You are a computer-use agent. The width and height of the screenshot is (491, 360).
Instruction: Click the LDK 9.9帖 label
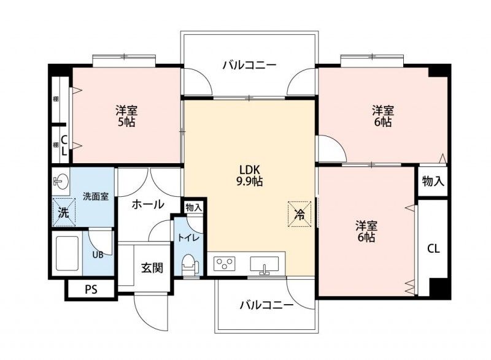(x=249, y=175)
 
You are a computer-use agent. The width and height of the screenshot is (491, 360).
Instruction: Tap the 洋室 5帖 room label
(x=126, y=116)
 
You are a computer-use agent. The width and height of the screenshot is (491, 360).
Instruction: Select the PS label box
(x=91, y=289)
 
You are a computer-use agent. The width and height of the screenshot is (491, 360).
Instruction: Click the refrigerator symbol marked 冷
(x=300, y=214)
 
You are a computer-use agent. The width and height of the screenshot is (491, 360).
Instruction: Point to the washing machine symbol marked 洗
(x=64, y=212)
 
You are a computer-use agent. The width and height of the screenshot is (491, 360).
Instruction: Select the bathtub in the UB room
(x=67, y=253)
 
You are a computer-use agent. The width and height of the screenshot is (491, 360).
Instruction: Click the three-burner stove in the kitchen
(x=224, y=263)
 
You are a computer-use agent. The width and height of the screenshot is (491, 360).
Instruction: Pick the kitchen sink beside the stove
(x=265, y=264)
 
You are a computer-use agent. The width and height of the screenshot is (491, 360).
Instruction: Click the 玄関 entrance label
(x=152, y=268)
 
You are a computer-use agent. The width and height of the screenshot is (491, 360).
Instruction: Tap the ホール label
(x=148, y=205)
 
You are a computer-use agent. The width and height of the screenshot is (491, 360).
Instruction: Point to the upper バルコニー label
(x=250, y=65)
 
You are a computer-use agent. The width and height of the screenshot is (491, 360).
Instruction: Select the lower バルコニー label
(x=267, y=304)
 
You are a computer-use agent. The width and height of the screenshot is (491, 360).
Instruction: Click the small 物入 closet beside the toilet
(x=194, y=207)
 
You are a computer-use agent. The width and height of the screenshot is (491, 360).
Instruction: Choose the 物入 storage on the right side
(x=433, y=181)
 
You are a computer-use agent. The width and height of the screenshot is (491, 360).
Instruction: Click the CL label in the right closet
(x=433, y=249)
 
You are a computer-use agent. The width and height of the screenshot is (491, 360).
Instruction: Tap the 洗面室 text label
(x=96, y=196)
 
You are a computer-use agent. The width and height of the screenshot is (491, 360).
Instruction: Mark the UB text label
(x=98, y=255)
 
